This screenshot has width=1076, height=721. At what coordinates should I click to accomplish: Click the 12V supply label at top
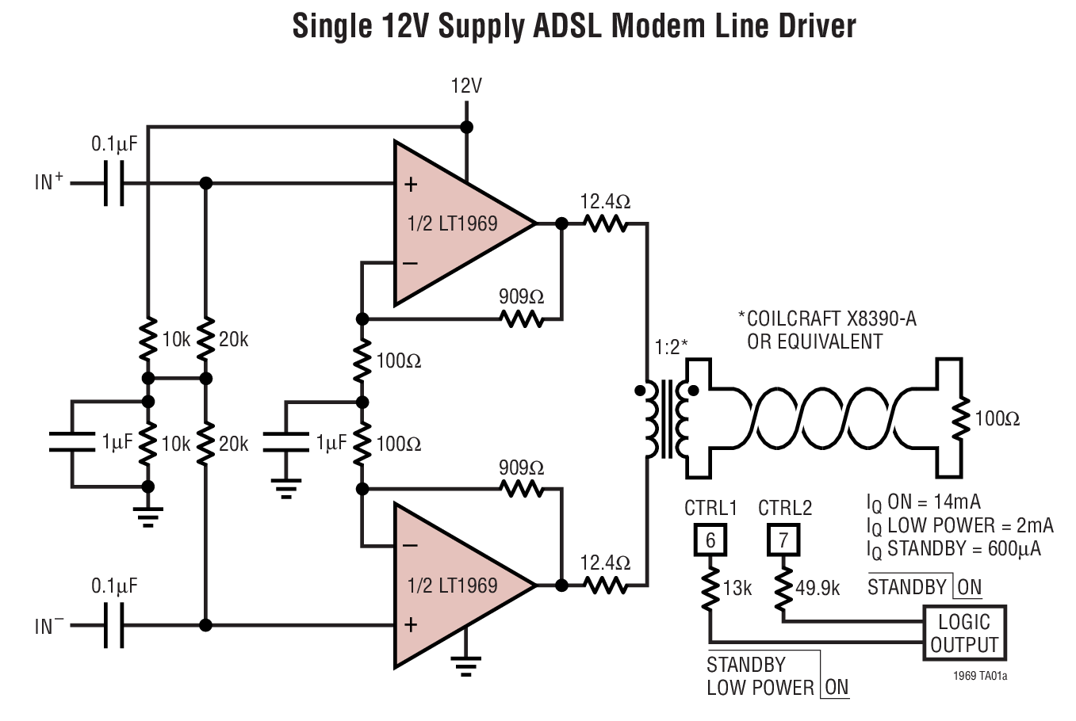[466, 86]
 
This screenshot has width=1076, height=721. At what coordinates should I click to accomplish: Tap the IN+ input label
[48, 182]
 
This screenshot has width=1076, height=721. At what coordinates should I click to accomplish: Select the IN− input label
[48, 626]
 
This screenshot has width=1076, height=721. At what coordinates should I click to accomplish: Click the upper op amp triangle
[452, 223]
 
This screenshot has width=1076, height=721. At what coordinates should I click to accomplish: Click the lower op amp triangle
[452, 586]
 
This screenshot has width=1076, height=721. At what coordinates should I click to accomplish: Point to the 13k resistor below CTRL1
[710, 588]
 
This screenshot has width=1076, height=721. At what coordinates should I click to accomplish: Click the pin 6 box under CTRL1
[710, 540]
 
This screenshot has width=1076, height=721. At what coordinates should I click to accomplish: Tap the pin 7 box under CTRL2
[783, 540]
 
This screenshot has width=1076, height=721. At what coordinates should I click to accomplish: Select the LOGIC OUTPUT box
[964, 632]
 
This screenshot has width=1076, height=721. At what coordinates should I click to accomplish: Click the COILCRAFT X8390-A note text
[826, 319]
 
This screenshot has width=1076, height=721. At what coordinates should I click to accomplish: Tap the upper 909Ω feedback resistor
[521, 319]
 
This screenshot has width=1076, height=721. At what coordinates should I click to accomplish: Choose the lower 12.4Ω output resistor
[606, 586]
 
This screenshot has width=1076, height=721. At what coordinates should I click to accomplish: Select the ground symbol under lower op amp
[466, 664]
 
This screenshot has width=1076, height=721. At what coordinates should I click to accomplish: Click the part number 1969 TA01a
[980, 677]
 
